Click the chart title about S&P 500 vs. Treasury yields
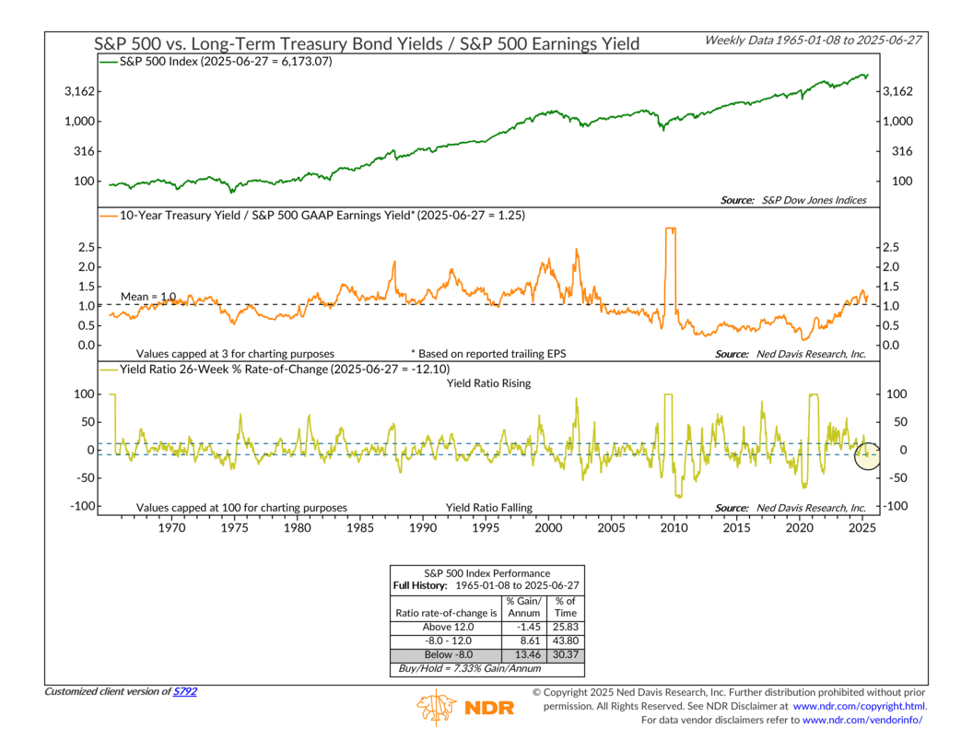click(368, 44)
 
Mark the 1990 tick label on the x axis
click(422, 528)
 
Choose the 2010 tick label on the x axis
click(674, 528)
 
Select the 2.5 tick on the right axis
click(891, 247)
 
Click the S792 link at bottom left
click(184, 691)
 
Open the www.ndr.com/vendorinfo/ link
click(862, 720)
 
